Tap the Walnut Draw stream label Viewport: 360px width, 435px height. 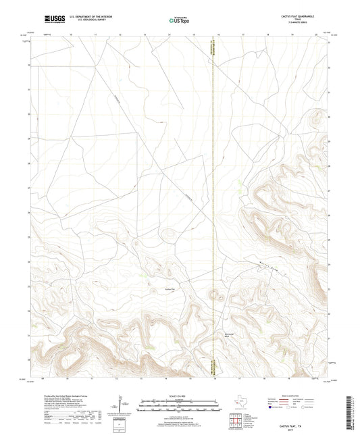[267, 266]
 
